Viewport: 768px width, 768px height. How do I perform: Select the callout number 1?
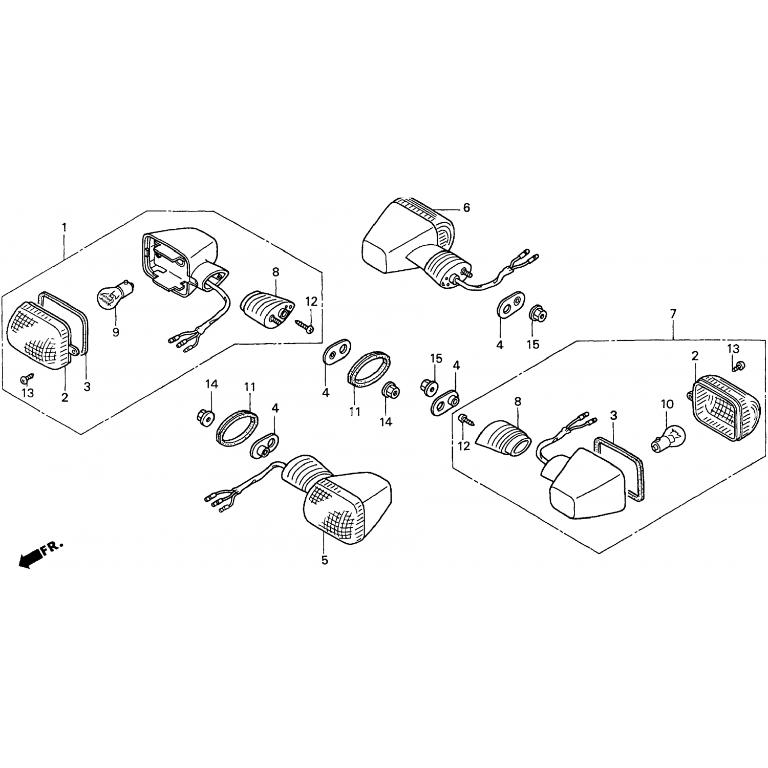click(x=64, y=227)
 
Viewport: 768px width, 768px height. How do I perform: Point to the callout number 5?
click(x=325, y=560)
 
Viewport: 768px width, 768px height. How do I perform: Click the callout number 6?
click(x=466, y=207)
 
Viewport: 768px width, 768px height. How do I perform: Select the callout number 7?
click(x=673, y=313)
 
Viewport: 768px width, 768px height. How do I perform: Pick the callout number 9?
click(x=116, y=332)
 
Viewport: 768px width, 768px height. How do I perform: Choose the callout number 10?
click(x=667, y=404)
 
